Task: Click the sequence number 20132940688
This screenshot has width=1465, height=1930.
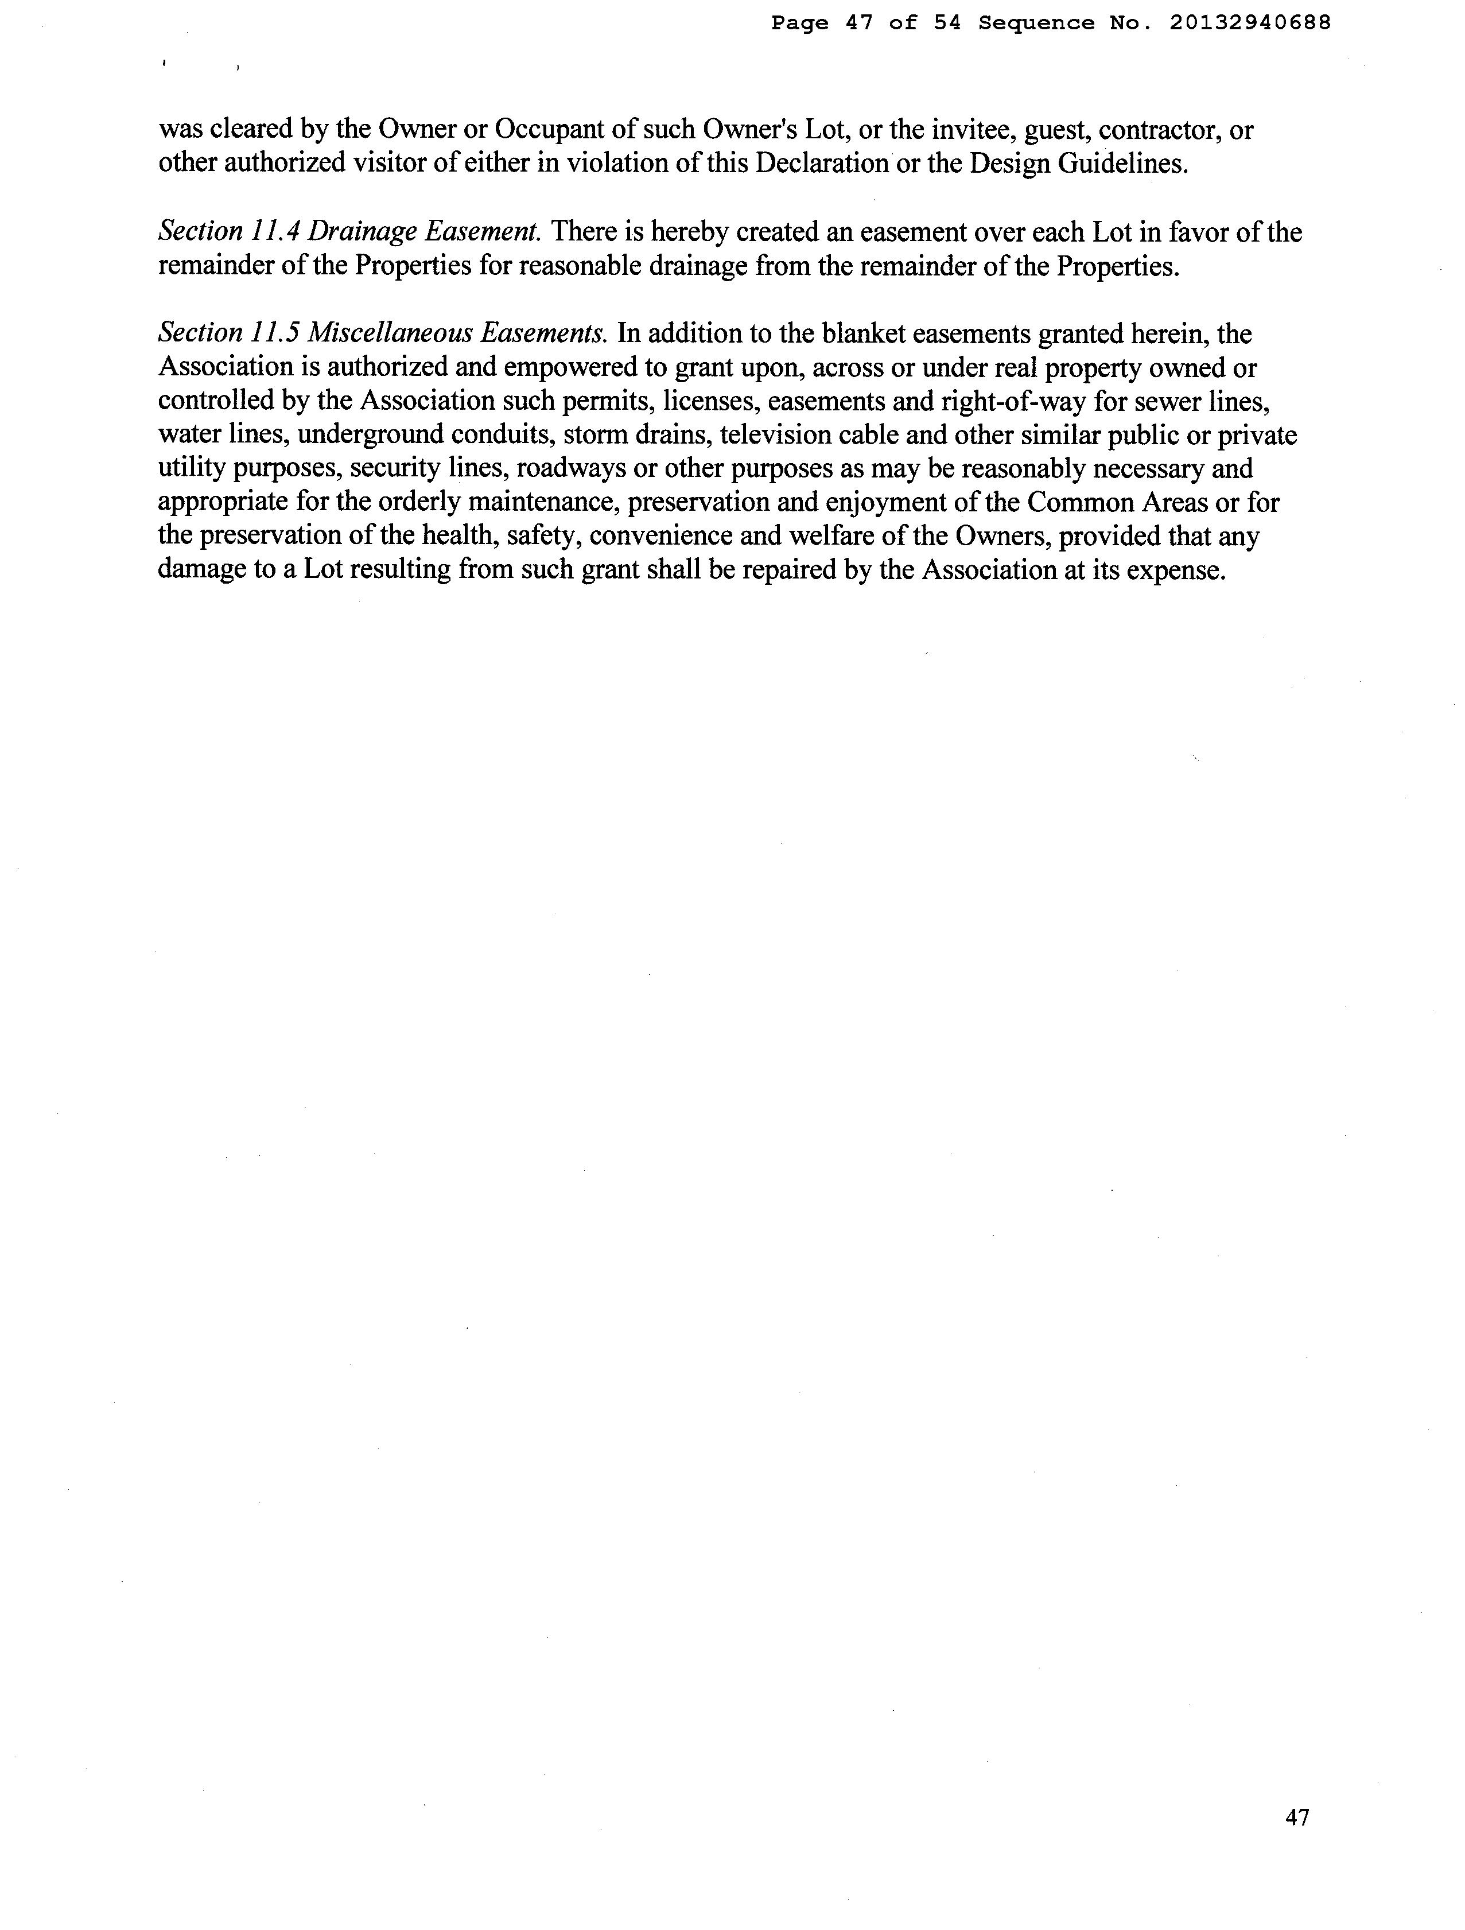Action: [x=1249, y=24]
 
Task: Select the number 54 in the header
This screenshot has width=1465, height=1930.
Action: [x=947, y=24]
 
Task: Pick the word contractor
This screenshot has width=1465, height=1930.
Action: [x=1160, y=130]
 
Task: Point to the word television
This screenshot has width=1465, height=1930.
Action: [x=776, y=434]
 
